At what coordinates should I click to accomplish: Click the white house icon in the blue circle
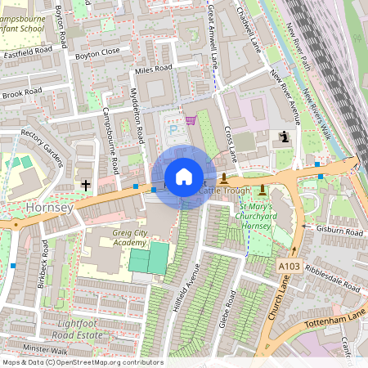click(184, 177)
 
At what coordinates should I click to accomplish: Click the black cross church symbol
click(86, 185)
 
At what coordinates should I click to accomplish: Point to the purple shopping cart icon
click(191, 120)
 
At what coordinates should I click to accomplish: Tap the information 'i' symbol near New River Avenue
click(284, 137)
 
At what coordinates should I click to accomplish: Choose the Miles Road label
click(154, 69)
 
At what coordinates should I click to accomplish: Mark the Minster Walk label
click(46, 348)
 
